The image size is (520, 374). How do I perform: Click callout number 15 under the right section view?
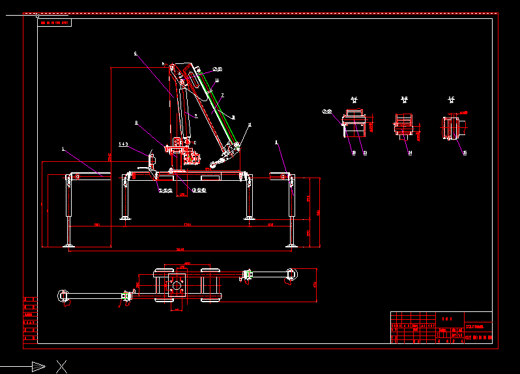(x=464, y=153)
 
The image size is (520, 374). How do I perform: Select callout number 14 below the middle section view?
(x=410, y=153)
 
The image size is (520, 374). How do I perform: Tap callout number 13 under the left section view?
(x=365, y=153)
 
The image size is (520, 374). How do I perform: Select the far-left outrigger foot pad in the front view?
(x=69, y=245)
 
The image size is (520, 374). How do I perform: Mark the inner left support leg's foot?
(x=124, y=218)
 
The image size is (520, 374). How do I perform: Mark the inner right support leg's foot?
(x=249, y=217)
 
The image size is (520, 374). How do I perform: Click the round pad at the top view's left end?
(x=64, y=296)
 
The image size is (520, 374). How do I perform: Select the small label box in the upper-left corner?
(x=55, y=23)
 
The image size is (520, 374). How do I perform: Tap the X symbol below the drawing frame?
(x=62, y=366)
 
